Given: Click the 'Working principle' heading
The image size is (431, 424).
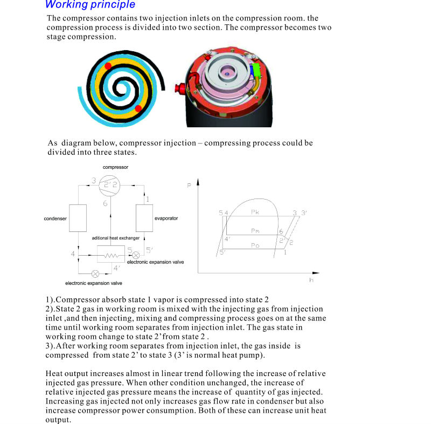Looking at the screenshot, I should point(90,5).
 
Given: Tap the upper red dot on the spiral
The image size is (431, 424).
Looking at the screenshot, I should point(108,66).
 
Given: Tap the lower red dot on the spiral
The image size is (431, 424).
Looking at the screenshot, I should point(138,108).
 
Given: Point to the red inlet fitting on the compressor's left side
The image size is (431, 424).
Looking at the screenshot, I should point(178,86).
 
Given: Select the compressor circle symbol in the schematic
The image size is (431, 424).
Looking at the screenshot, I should point(109,186).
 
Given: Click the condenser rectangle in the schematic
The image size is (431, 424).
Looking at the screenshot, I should point(78,218).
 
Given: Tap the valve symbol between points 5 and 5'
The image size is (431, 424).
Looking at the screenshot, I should point(136,254).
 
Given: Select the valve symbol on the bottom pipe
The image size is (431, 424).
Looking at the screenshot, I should point(95,273).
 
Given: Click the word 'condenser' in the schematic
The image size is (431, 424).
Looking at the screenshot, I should point(55,218).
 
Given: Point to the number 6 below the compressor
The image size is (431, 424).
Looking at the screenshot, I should point(106,203).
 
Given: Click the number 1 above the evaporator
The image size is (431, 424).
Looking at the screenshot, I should point(147,200).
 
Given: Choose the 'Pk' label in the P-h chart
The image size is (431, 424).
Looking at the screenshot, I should point(255,213).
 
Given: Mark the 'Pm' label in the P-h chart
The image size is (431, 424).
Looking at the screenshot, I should point(255,231).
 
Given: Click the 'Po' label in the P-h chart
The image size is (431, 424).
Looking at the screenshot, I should point(255,245).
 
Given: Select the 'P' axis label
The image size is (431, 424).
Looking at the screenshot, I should point(189,186).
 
